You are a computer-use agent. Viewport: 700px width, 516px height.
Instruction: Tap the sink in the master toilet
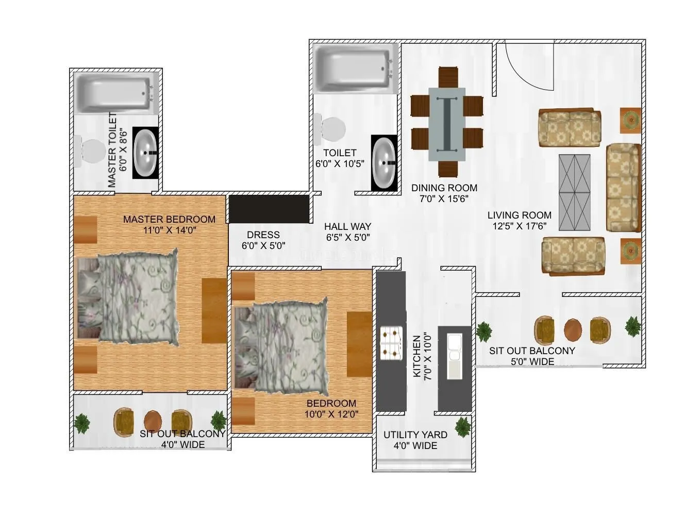click(147, 153)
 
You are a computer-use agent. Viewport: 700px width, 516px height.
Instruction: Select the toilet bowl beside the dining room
click(332, 127)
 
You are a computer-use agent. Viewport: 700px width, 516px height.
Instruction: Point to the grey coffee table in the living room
click(576, 192)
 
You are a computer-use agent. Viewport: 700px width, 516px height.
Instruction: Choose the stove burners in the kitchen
click(390, 343)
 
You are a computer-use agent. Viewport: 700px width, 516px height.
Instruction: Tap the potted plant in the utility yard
click(462, 427)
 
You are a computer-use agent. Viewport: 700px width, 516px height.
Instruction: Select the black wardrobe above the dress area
click(269, 208)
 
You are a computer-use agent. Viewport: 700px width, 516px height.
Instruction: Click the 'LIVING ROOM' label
click(519, 215)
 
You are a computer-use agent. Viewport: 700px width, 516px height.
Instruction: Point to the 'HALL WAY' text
click(347, 226)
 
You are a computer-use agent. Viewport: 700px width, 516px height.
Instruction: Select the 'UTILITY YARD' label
click(415, 435)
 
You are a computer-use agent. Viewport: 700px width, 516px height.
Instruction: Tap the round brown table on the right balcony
click(573, 329)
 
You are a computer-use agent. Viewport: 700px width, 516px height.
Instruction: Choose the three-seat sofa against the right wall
click(623, 188)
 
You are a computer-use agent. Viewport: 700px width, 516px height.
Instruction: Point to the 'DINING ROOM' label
click(444, 188)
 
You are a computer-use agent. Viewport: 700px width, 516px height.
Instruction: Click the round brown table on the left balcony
click(153, 420)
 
